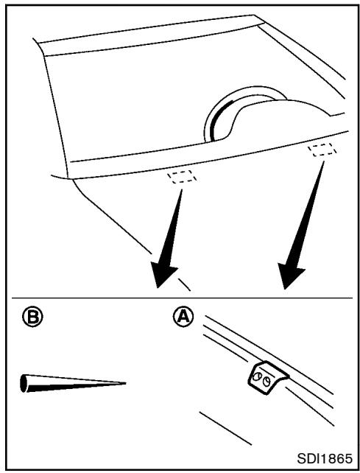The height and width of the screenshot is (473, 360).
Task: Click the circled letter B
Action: click(32, 317)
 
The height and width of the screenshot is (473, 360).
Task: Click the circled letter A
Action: click(183, 317)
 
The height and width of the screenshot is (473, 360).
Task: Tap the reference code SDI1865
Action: click(325, 459)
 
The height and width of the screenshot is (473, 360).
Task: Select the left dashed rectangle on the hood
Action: click(183, 177)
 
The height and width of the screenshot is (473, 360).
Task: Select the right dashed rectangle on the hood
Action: click(322, 150)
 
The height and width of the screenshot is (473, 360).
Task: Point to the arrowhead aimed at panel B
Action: click(163, 273)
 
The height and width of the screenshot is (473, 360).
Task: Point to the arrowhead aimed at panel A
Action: click(290, 275)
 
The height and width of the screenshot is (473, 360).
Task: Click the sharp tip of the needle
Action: click(125, 383)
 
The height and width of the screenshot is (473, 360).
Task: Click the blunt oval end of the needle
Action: click(24, 383)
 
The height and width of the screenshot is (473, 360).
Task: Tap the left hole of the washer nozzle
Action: click(257, 376)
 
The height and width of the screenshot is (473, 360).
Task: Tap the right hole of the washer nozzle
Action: click(266, 382)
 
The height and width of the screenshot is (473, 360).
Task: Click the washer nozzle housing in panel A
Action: click(267, 378)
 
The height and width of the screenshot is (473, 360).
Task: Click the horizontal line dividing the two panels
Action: click(182, 298)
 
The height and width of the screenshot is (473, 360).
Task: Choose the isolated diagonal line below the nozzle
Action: click(225, 428)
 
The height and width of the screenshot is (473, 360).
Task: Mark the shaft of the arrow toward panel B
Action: click(174, 226)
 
